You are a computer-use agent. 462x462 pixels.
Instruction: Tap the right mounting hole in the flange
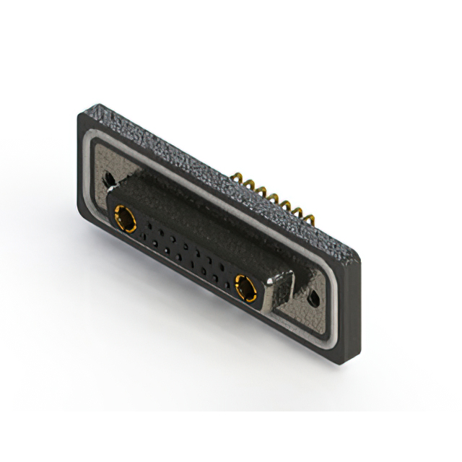pos(313,297)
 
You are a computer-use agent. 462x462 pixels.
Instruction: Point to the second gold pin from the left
pos(252,183)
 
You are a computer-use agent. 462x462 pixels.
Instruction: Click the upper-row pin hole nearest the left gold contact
pos(147,226)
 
